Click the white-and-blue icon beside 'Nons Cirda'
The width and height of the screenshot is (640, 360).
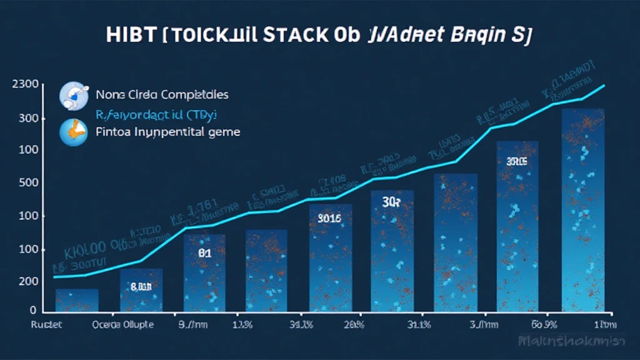point(71,95)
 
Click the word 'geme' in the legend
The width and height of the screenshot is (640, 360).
point(224,132)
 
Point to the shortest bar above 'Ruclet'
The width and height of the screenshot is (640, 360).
point(77,300)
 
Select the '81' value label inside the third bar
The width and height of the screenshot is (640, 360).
point(204,254)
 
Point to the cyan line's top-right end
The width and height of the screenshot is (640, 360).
point(604,86)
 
